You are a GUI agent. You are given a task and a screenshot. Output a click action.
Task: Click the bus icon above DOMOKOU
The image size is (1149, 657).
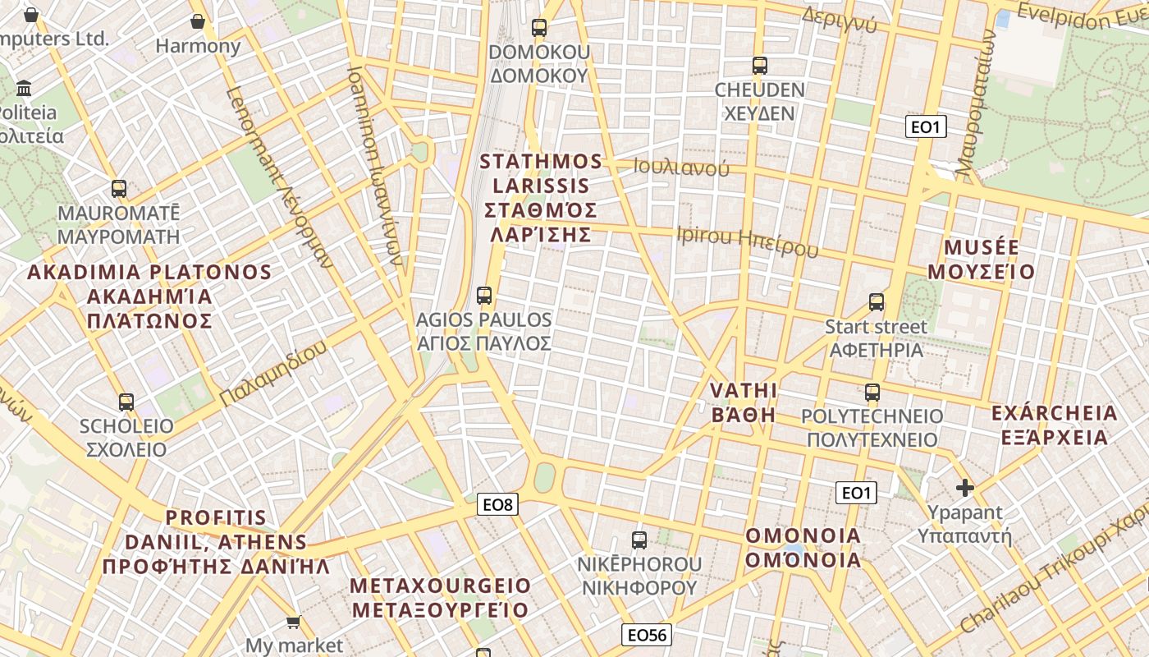tap(538, 28)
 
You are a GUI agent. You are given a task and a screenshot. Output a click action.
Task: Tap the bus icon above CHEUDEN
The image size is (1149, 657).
tap(760, 66)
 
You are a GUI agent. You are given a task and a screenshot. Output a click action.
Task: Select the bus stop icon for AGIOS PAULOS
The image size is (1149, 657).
tap(484, 296)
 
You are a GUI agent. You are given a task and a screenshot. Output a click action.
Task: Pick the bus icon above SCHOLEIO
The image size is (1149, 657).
tap(126, 402)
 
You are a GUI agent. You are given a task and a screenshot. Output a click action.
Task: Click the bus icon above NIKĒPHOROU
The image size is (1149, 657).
tap(639, 540)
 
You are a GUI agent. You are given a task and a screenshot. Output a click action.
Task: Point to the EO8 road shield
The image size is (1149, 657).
tap(497, 504)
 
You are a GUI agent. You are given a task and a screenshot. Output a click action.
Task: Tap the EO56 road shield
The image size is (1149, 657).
tap(647, 634)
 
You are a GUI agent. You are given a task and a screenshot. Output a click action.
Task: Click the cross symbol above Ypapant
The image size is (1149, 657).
tap(965, 489)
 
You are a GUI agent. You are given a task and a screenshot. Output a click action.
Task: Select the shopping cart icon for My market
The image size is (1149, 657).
tap(293, 623)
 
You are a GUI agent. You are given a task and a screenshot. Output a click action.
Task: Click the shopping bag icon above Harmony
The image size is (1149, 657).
tap(197, 21)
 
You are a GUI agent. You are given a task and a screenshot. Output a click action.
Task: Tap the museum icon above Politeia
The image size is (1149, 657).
tap(24, 88)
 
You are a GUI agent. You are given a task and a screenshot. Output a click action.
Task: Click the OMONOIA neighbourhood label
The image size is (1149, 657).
tap(803, 548)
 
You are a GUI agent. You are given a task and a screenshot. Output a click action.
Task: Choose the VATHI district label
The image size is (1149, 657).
tap(744, 402)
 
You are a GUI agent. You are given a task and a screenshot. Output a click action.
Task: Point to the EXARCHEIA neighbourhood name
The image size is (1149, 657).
tap(1055, 425)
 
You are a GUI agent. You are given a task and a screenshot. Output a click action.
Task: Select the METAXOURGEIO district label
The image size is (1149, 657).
tap(440, 598)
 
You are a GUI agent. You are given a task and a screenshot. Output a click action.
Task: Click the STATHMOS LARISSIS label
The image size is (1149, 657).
tap(542, 198)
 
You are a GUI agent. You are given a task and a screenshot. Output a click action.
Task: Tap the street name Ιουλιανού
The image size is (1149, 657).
tap(681, 168)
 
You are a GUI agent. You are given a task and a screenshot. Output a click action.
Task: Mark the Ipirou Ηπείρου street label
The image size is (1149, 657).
tap(747, 241)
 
